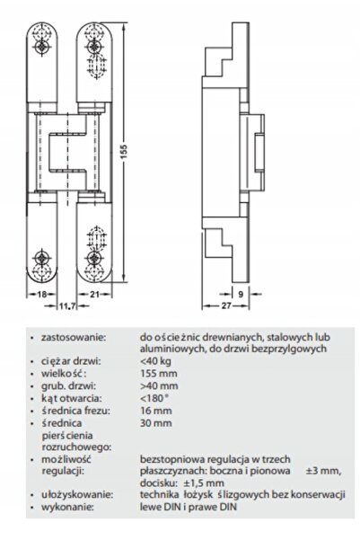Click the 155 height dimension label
coord(124,152)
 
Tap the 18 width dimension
coord(41,294)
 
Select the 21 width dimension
coord(94,294)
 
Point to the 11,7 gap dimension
coord(66,305)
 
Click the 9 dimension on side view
coord(241,294)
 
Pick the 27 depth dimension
coord(225,305)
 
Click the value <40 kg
coord(155,361)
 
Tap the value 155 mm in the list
coord(159,373)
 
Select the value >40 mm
coord(159,385)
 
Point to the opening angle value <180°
coord(154,398)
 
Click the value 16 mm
coord(156,411)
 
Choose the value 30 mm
coord(156,423)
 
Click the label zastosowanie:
coord(73,337)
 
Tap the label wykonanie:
coord(67,507)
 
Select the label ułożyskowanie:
coord(77,495)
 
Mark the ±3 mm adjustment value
coord(323,471)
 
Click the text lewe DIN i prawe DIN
coord(189,507)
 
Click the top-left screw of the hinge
coord(42,46)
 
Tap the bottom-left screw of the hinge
coord(42,258)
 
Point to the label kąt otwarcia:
coord(72,398)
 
